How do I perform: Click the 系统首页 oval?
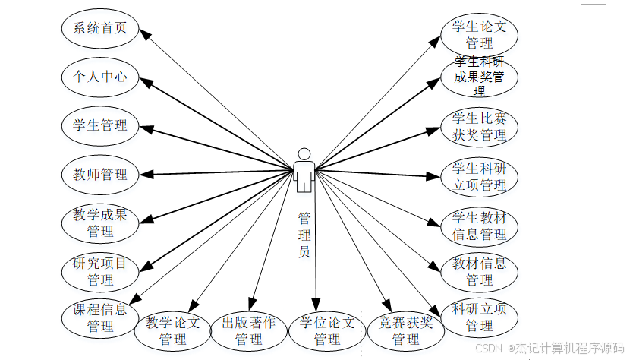pos(100,29)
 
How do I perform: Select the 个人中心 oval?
pos(100,77)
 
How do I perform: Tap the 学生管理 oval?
pos(100,125)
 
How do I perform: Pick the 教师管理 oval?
pos(100,174)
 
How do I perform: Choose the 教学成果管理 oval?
pos(100,223)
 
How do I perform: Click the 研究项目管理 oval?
pos(100,271)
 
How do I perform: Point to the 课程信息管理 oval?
pos(100,317)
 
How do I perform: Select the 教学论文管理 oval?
pos(173,330)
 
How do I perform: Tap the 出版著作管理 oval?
pos(249,330)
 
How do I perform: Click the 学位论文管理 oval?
pos(327,330)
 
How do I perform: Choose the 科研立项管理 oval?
pos(479,317)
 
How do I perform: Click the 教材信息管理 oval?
pos(479,271)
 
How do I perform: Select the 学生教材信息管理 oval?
pos(479,226)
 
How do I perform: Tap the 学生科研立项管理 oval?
pos(479,175)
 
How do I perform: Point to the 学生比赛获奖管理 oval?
pos(479,126)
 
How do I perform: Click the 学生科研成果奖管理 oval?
pos(479,77)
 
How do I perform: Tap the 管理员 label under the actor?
pos(304,235)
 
